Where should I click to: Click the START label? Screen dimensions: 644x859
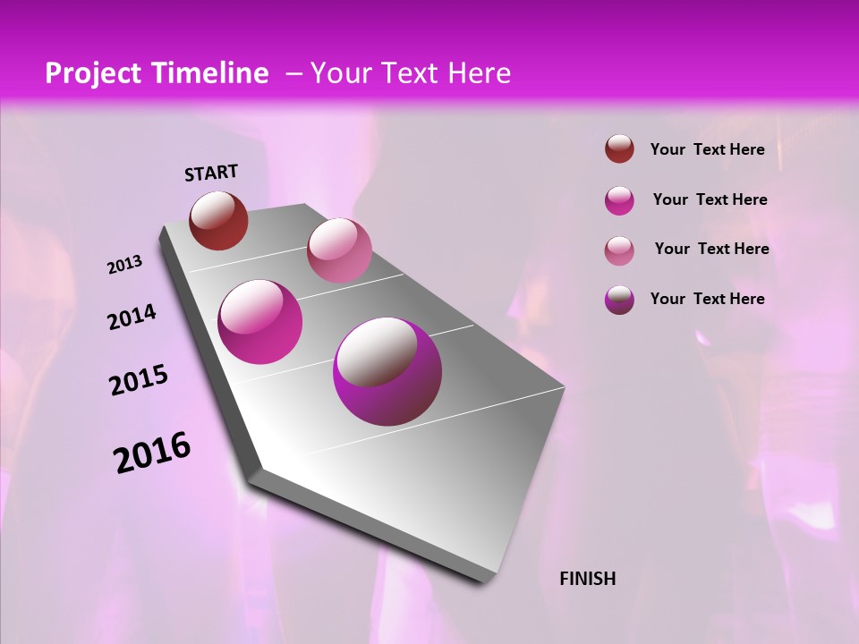211,173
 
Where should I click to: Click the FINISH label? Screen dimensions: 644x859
587,579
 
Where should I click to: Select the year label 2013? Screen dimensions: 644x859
124,265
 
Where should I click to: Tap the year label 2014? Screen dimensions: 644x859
132,317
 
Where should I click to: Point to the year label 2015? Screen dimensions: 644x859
138,380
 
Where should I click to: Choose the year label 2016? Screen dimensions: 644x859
151,453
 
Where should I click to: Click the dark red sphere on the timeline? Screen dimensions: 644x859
218,220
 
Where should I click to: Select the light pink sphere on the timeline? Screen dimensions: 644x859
339,250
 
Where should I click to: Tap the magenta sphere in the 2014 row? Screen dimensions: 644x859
260,322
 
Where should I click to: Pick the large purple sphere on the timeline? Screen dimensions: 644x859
387,371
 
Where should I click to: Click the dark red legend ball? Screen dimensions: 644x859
619,148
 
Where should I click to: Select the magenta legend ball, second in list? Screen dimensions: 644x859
619,200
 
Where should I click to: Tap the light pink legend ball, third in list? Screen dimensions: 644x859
619,250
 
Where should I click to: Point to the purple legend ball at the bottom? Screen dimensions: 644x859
619,300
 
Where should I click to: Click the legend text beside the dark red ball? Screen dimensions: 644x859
707,149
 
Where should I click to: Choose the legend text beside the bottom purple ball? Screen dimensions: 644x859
707,299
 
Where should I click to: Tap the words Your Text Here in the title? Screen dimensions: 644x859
410,73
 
